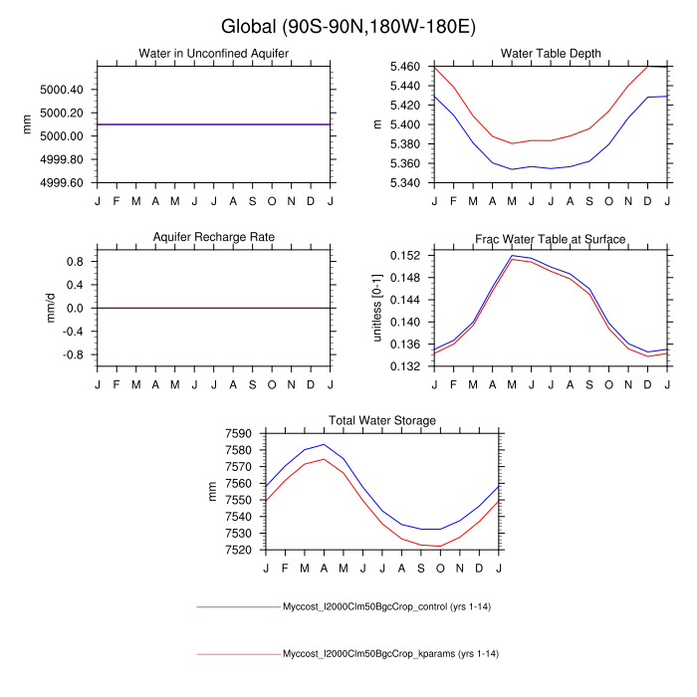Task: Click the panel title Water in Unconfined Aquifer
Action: tap(214, 53)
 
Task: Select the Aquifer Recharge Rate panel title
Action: tap(214, 237)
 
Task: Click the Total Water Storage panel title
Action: tap(382, 420)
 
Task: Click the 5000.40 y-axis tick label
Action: tap(62, 90)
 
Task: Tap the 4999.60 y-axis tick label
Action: tap(62, 183)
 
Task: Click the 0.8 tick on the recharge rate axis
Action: tap(76, 261)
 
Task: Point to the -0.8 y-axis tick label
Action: tap(74, 354)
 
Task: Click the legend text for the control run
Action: tap(390, 606)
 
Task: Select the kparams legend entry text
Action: tap(390, 654)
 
